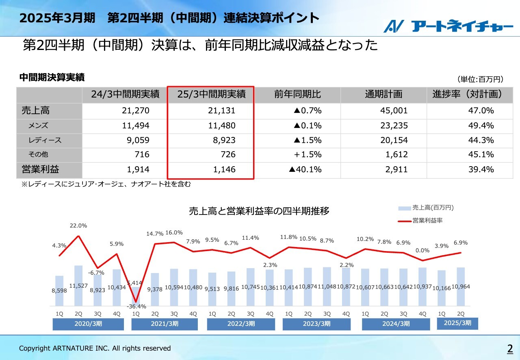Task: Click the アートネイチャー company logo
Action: [x=448, y=26]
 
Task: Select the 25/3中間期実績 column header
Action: [x=211, y=95]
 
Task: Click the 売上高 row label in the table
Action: [x=36, y=111]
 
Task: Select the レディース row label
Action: [x=45, y=140]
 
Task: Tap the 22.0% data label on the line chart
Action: [x=78, y=226]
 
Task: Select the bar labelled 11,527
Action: [x=78, y=286]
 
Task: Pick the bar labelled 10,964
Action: [x=461, y=286]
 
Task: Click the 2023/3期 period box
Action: [x=316, y=324]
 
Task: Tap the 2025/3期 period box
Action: [x=457, y=323]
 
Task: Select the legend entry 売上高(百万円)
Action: [x=432, y=208]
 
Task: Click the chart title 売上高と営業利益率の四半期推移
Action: [x=259, y=211]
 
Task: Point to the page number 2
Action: [x=509, y=348]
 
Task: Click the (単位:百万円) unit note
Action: [x=481, y=79]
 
